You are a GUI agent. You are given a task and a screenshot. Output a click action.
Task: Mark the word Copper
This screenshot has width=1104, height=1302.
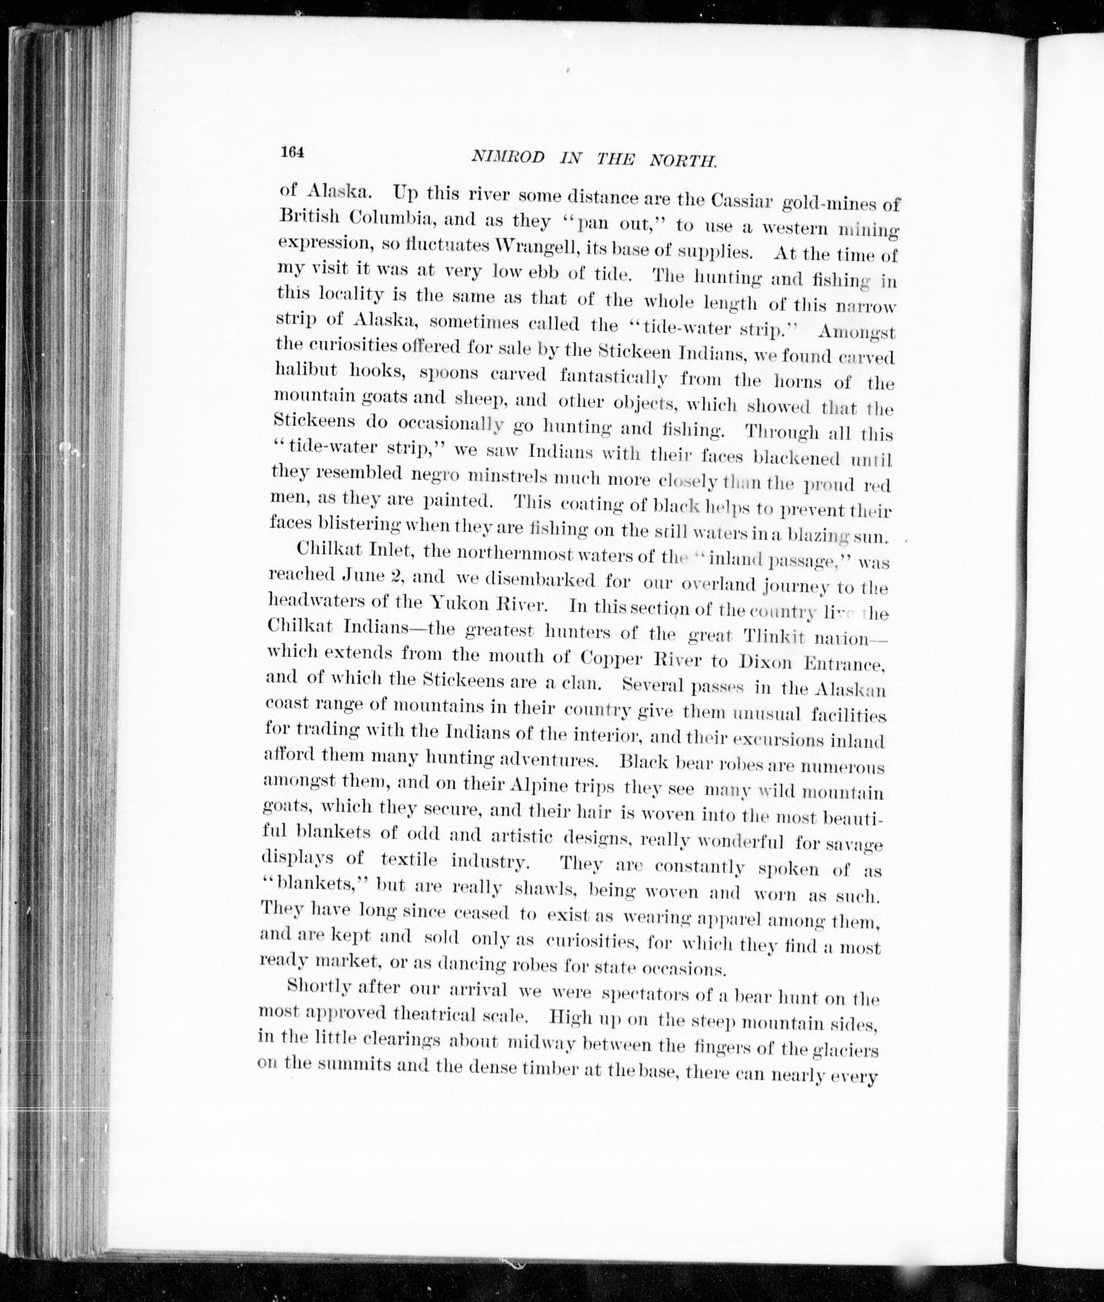click(x=610, y=658)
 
